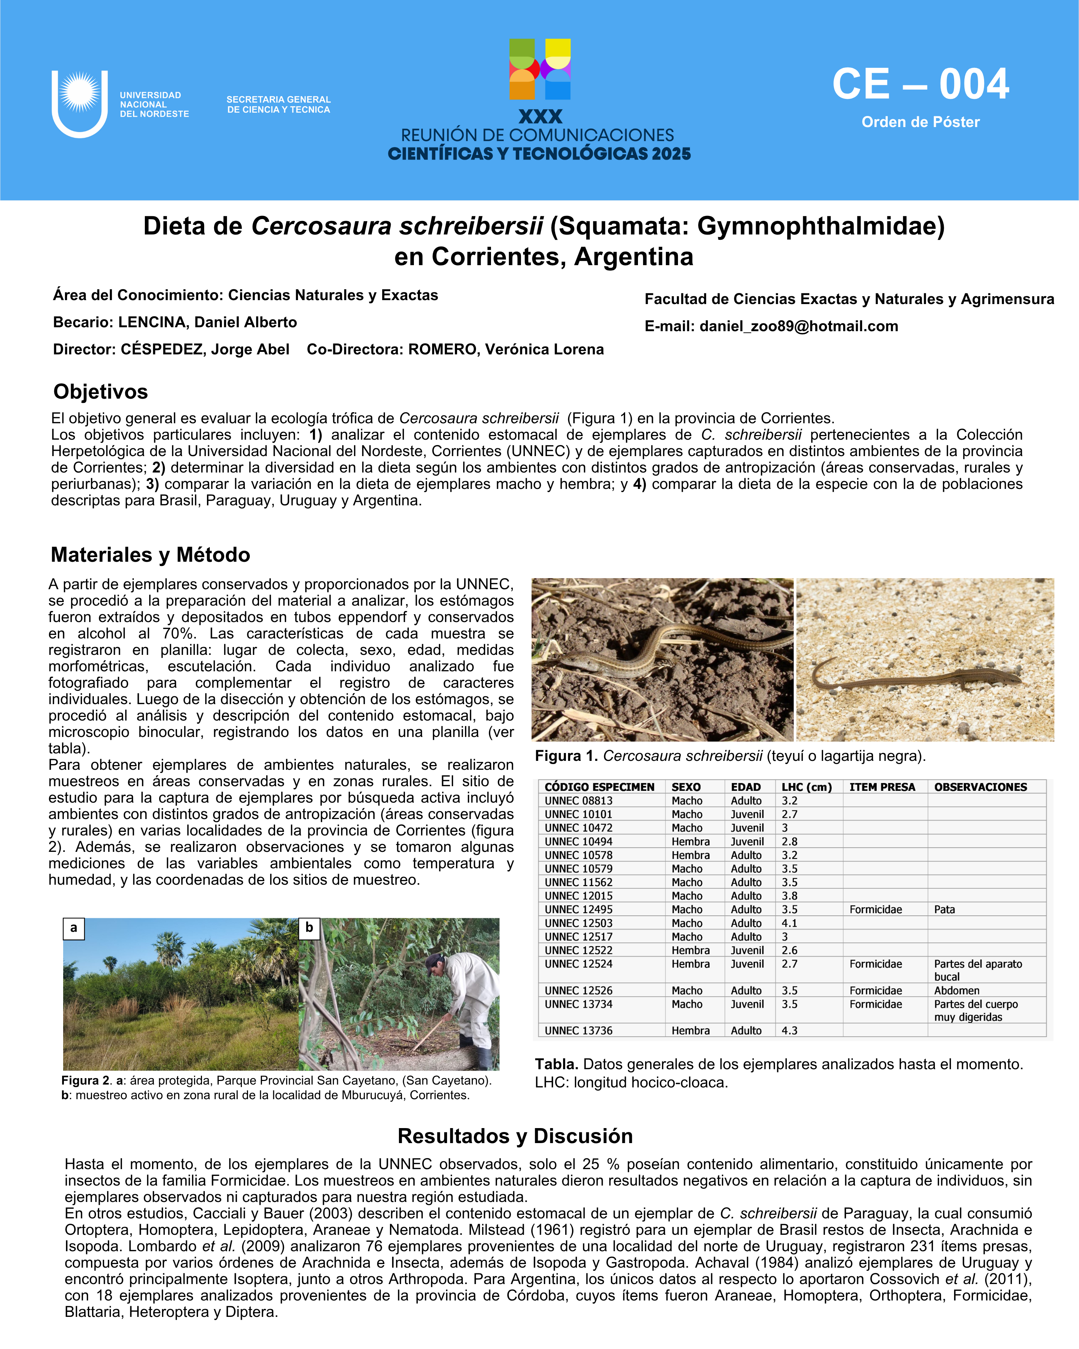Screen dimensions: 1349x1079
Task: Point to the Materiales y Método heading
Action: (150, 554)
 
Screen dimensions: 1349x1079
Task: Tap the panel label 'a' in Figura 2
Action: (74, 928)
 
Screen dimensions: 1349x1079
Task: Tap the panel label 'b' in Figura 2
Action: (309, 928)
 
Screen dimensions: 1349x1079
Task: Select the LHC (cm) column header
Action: (806, 787)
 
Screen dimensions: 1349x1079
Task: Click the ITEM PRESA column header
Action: (882, 787)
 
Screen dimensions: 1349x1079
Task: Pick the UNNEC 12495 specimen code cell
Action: (579, 909)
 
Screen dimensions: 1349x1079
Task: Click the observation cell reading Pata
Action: (944, 909)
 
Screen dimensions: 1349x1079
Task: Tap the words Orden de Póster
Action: (920, 122)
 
